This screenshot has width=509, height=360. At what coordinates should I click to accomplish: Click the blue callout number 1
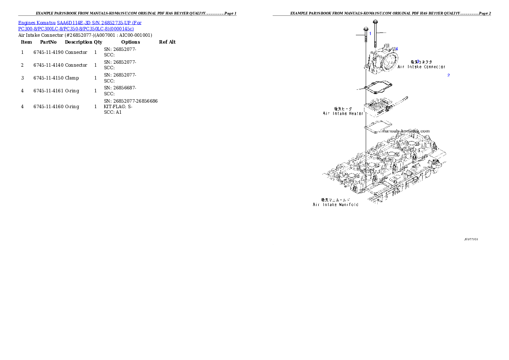tap(370, 33)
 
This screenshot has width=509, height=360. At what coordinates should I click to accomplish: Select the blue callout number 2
tap(448, 75)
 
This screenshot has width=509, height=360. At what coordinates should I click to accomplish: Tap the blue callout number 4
tap(397, 49)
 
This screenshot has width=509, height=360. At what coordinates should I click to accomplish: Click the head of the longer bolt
tap(375, 21)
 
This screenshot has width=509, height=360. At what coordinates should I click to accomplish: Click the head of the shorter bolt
tap(366, 29)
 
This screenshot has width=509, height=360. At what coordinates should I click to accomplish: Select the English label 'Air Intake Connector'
tap(421, 67)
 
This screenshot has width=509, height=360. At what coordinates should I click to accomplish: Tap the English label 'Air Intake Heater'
tap(343, 113)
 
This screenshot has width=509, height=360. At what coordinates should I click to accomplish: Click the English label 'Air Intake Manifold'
tap(335, 205)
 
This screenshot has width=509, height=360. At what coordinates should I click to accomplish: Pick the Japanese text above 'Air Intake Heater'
tap(343, 109)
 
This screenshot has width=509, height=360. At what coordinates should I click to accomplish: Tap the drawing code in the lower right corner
tap(471, 239)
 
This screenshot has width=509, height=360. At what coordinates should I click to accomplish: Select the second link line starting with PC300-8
tap(76, 29)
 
